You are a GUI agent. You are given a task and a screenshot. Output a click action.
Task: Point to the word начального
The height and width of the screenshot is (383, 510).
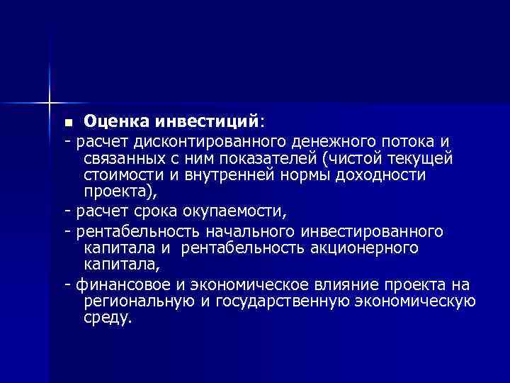[251, 231]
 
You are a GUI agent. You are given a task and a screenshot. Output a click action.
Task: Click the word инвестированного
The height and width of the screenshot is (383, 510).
[373, 231]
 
